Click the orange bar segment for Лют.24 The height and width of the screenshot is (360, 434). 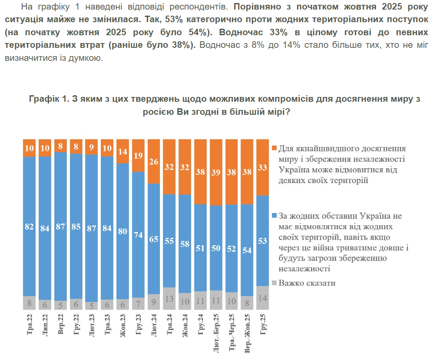(x=154, y=162)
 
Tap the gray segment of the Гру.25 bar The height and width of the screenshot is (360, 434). (x=262, y=298)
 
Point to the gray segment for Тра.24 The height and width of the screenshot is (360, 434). (x=169, y=299)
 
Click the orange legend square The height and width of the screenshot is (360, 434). (x=274, y=148)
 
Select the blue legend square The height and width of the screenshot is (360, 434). (x=274, y=216)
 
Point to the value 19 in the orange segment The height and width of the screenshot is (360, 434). (x=138, y=155)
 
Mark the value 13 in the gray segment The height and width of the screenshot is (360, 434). (x=169, y=299)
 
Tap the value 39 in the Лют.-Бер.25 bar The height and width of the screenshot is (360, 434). (x=216, y=172)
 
